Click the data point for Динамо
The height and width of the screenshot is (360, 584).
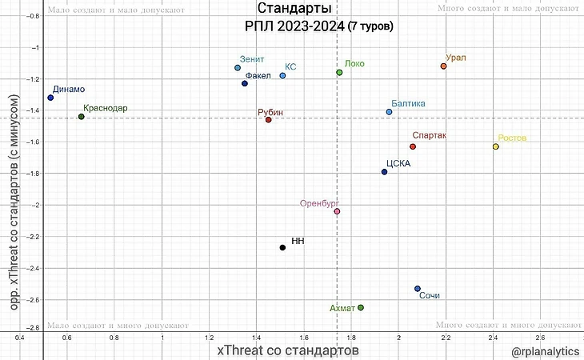point(50,98)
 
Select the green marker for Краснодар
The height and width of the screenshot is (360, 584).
point(81,117)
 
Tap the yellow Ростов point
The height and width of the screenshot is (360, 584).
point(495,146)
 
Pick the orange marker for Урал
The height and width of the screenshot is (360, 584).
point(443,66)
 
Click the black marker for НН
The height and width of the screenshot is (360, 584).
point(282,247)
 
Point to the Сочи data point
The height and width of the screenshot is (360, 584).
point(418,289)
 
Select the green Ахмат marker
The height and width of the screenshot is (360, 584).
point(361,307)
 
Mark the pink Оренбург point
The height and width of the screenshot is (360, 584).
point(337,211)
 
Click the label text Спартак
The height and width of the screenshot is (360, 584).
point(429,135)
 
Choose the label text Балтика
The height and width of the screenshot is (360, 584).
point(408,103)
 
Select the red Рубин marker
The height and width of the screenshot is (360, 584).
point(269,120)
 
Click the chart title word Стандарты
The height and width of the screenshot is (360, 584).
point(292,10)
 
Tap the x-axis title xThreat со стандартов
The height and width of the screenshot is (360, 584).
point(288,350)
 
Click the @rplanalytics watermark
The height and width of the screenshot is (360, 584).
point(546,350)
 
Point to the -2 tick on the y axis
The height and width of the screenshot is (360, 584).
point(34,205)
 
